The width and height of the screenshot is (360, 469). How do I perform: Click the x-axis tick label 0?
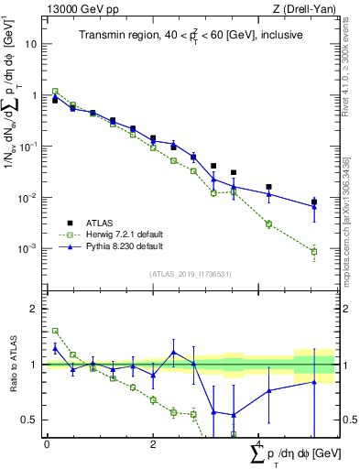tap(47, 444)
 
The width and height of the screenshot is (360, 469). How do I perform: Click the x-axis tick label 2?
tap(153, 444)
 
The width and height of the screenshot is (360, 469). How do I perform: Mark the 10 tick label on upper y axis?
tap(31, 44)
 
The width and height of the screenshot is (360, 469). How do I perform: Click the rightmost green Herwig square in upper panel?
tap(314, 251)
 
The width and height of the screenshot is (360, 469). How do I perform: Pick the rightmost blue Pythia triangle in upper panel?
tap(314, 206)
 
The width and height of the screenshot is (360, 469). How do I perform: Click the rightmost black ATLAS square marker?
tap(314, 202)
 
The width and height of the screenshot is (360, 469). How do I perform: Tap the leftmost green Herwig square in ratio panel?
tap(55, 331)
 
